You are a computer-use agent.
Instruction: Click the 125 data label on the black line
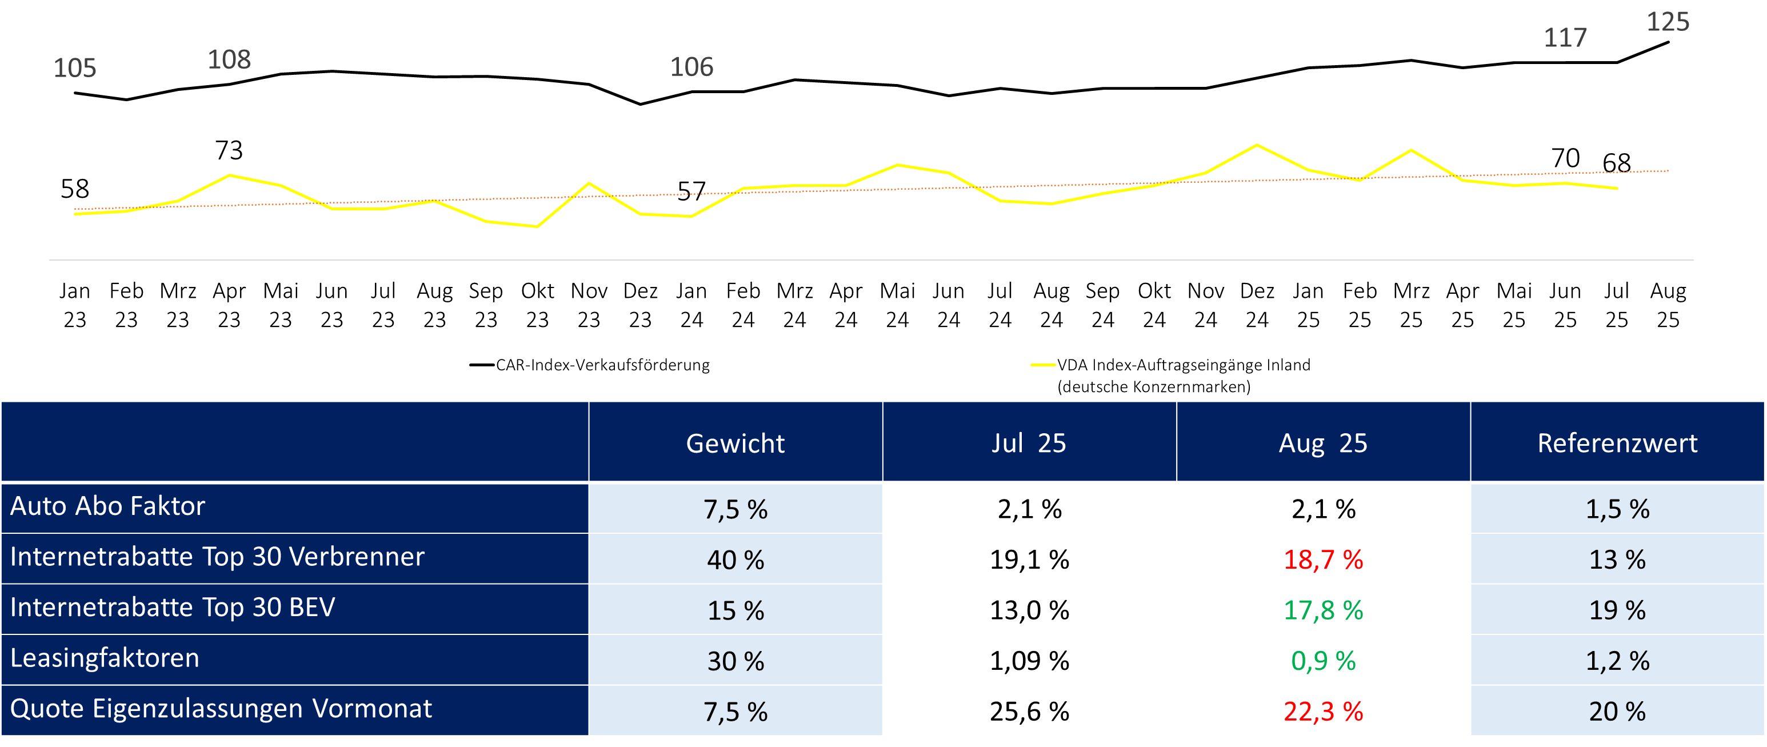[x=1668, y=22]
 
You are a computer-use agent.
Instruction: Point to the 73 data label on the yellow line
[x=229, y=150]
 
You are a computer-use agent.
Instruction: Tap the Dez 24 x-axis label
[x=1257, y=305]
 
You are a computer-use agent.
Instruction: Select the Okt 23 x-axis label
[x=537, y=305]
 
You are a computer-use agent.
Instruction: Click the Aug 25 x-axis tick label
[x=1668, y=305]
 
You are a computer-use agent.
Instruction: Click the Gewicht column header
[x=735, y=443]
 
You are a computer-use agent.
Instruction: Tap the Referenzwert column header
[x=1617, y=443]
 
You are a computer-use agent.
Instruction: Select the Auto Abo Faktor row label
[x=107, y=506]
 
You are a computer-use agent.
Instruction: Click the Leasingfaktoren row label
[x=105, y=658]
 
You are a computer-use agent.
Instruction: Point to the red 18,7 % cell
[x=1322, y=560]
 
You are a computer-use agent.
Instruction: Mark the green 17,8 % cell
[x=1322, y=610]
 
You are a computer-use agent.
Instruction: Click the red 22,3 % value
[x=1322, y=712]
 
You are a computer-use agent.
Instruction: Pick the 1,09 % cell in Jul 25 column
[x=1029, y=661]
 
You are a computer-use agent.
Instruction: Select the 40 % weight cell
[x=735, y=560]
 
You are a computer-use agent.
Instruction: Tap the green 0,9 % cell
[x=1322, y=661]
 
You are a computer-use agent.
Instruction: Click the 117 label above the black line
[x=1565, y=38]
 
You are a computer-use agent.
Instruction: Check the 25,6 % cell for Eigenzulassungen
[x=1029, y=712]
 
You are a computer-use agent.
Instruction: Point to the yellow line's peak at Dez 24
[x=1257, y=145]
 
